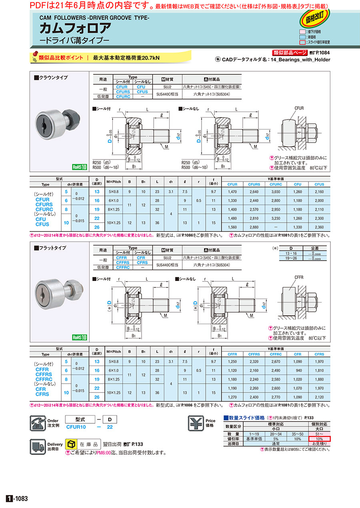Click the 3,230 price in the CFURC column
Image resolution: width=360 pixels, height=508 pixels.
point(276,218)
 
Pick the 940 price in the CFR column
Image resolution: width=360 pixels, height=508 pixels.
point(298,370)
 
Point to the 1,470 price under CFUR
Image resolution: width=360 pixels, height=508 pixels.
point(232,192)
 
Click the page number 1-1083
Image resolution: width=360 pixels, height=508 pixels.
point(17,498)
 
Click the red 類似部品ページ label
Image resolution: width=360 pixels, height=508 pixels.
point(290,53)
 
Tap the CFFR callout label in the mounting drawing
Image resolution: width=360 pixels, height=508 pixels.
point(299,277)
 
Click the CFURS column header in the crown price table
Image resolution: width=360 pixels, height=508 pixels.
point(254,184)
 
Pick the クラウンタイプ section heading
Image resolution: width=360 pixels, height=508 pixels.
point(51,78)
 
